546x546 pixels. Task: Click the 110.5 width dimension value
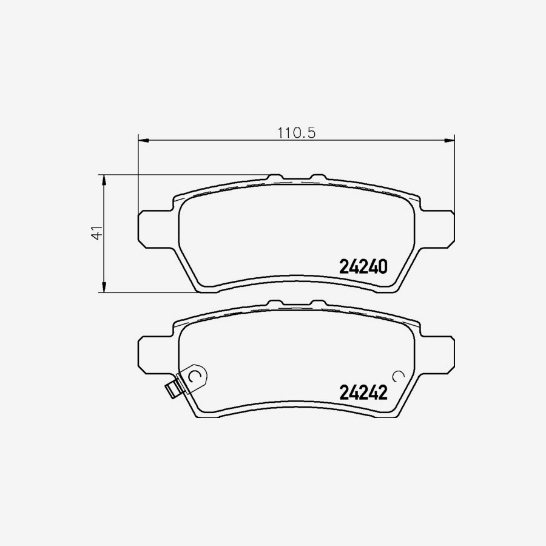click(297, 132)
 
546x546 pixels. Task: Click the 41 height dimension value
click(95, 234)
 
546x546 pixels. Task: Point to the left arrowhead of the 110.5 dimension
click(144, 141)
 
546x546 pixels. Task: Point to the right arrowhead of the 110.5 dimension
click(450, 141)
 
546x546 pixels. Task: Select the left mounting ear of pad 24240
click(152, 228)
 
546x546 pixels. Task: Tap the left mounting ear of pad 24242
click(152, 354)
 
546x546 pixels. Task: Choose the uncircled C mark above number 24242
click(398, 376)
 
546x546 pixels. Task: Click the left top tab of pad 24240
click(275, 178)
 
